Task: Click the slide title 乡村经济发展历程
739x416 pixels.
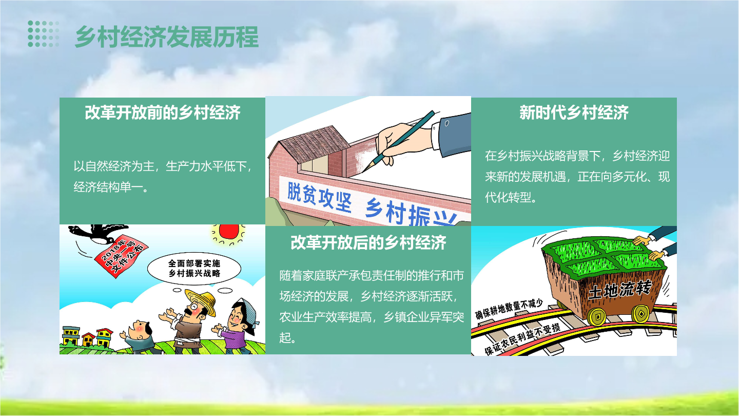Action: click(167, 36)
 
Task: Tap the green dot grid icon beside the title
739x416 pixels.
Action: click(44, 34)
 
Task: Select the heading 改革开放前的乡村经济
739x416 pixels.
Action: click(163, 112)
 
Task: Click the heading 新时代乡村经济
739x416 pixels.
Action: click(574, 112)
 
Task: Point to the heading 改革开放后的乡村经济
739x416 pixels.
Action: click(368, 242)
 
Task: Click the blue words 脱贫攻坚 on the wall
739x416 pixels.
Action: click(319, 197)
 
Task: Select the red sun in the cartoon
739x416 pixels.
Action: click(229, 231)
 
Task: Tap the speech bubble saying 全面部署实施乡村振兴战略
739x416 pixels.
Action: click(194, 269)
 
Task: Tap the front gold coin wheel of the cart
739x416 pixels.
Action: click(596, 316)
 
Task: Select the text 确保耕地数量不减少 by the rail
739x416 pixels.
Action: click(509, 309)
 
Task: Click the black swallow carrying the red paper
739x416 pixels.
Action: click(99, 233)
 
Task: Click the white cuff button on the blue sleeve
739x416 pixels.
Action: click(446, 123)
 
